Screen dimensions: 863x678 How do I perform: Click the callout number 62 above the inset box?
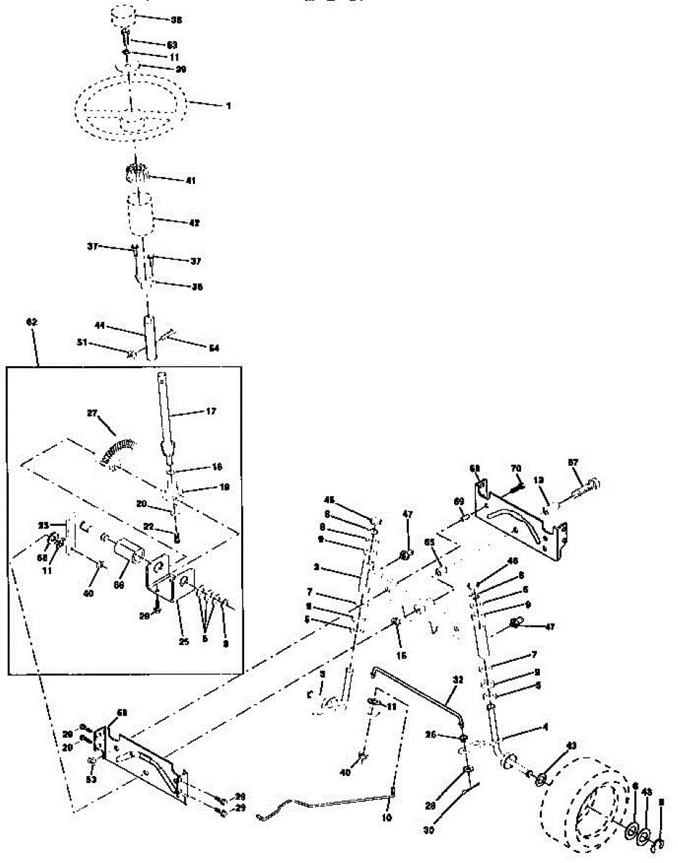(x=31, y=324)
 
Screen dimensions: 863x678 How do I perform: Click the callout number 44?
(x=101, y=327)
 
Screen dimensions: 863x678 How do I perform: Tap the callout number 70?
(x=515, y=469)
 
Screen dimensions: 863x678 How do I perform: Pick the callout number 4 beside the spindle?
(x=545, y=729)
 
